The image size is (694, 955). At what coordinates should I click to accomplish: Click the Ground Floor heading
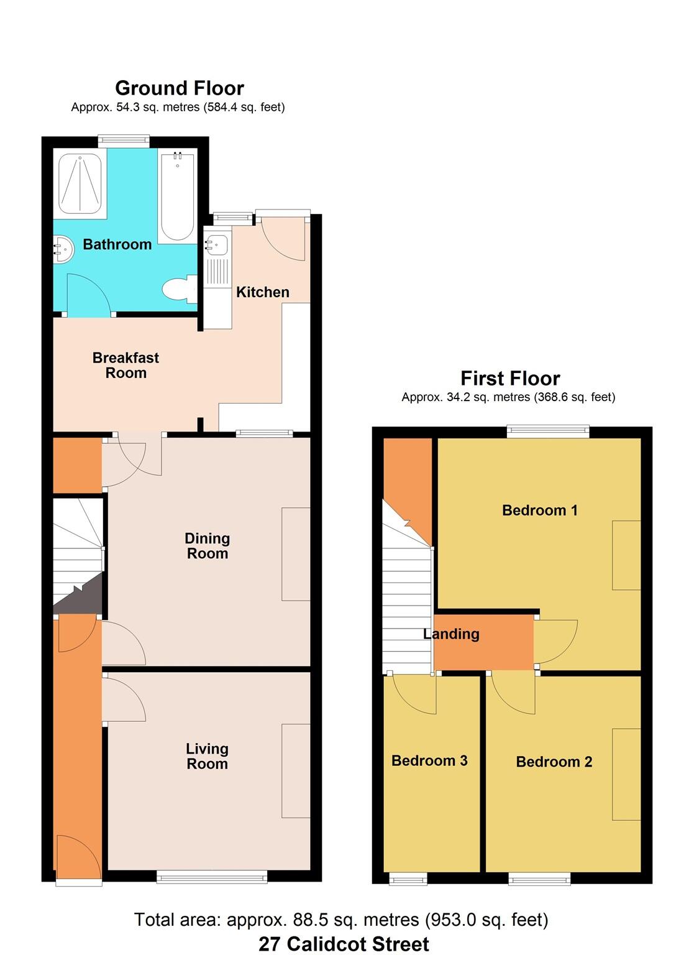pos(179,88)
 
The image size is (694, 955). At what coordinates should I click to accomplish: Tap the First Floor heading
pos(509,378)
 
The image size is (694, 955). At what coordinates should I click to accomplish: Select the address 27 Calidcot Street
pos(344,944)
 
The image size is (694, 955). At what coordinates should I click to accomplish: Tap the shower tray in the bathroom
pos(80,184)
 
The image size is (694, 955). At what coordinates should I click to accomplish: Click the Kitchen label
pos(262,292)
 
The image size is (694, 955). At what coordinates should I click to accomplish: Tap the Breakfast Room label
pos(126,366)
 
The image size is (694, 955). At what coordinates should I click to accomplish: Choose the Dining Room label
pos(208,546)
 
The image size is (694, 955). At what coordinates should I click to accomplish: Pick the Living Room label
pos(207,757)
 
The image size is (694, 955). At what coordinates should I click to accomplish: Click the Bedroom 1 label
pos(539,510)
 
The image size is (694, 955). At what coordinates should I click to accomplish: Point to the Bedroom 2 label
pos(554,762)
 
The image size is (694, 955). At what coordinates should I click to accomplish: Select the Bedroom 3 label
pos(429,760)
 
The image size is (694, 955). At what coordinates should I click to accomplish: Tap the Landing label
pos(451,634)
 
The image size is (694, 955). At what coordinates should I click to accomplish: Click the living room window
pos(212,877)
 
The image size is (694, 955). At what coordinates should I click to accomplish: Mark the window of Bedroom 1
pos(547,430)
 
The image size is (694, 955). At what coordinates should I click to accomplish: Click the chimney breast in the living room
pos(296,770)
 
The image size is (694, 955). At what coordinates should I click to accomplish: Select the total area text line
pos(341,920)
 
